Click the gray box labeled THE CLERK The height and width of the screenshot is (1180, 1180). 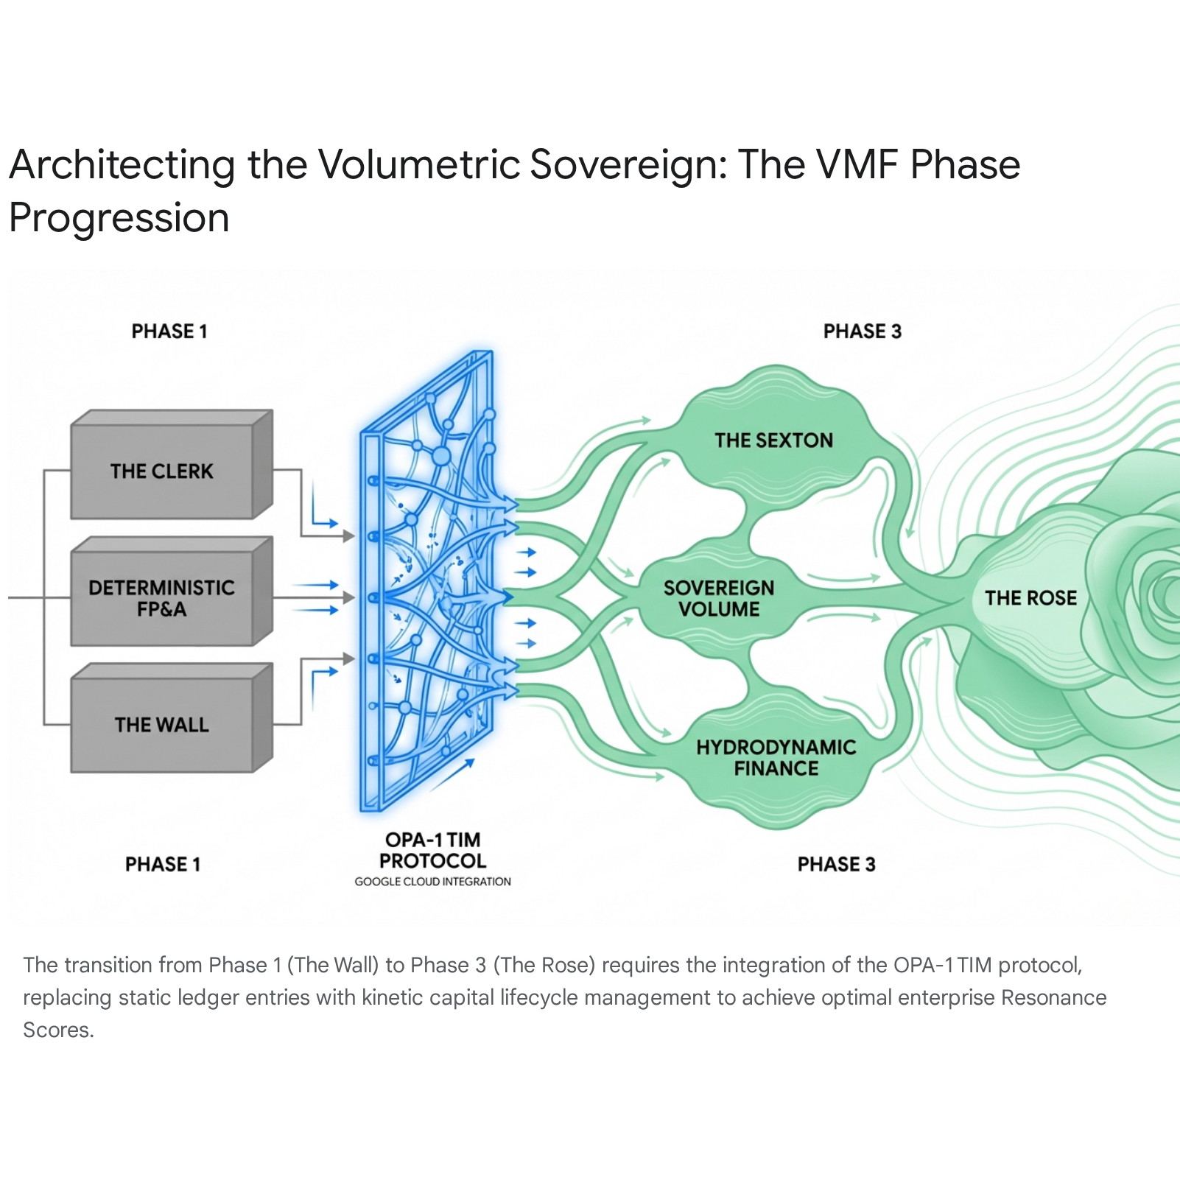pyautogui.click(x=172, y=465)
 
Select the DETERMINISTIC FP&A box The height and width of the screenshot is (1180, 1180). pyautogui.click(x=172, y=591)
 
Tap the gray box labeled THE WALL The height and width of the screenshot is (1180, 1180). pyautogui.click(x=172, y=718)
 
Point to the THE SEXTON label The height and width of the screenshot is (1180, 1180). pyautogui.click(x=773, y=440)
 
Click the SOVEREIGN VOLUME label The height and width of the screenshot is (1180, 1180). pyautogui.click(x=719, y=599)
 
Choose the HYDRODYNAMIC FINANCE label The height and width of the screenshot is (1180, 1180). pyautogui.click(x=776, y=758)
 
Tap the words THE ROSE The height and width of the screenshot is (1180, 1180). pyautogui.click(x=1030, y=598)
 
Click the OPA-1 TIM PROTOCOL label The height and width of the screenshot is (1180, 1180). pyautogui.click(x=432, y=851)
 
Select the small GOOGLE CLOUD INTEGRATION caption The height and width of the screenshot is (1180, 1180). pyautogui.click(x=432, y=882)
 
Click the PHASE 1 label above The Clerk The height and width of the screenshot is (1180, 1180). pyautogui.click(x=169, y=331)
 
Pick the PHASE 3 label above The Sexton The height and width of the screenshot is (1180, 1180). pyautogui.click(x=863, y=331)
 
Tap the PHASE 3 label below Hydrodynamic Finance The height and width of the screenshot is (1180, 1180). pyautogui.click(x=837, y=864)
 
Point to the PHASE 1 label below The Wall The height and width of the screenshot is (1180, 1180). pyautogui.click(x=163, y=864)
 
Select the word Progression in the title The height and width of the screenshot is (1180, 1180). pyautogui.click(x=119, y=219)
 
